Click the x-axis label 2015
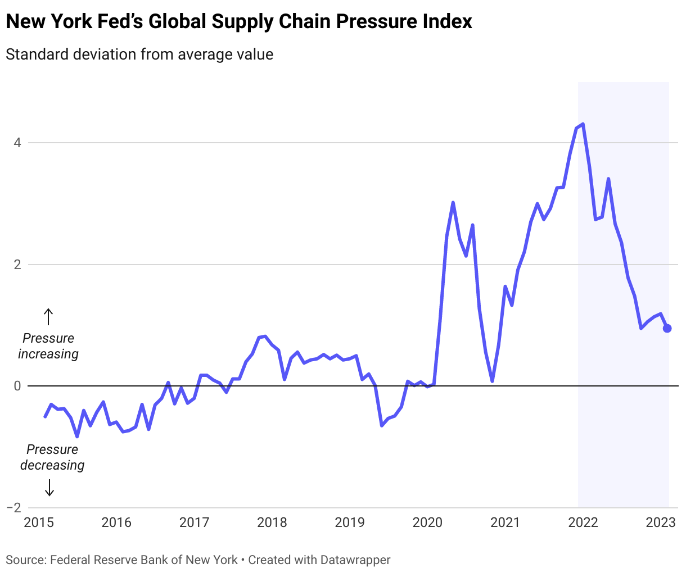(x=39, y=522)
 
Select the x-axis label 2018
(x=272, y=522)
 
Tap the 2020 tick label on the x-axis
(x=427, y=522)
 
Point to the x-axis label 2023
(x=661, y=522)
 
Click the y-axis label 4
(x=17, y=143)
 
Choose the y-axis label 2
(x=17, y=265)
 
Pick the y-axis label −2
(x=13, y=508)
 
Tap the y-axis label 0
(x=17, y=386)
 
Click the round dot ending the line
(x=667, y=329)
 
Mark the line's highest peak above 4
(x=583, y=124)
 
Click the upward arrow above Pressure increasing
(x=48, y=317)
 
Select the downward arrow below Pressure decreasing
(x=49, y=488)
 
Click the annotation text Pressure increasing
(x=48, y=346)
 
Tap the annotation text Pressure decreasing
(x=52, y=457)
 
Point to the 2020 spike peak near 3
(x=453, y=203)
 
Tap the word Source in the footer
(x=25, y=560)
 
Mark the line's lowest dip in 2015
(x=77, y=436)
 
